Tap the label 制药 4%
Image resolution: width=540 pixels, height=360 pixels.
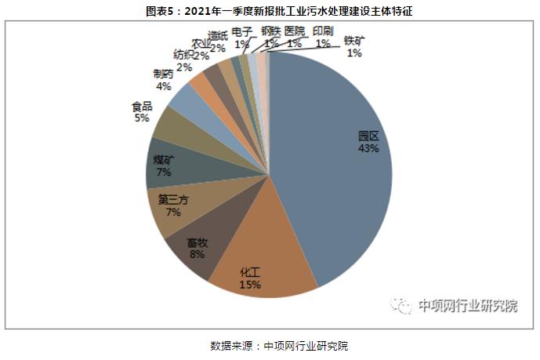click(x=164, y=80)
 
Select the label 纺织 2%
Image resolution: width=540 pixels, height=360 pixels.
click(x=184, y=61)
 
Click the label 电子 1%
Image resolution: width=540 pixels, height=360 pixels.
click(x=242, y=38)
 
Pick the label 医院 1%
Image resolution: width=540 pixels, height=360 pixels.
click(x=295, y=37)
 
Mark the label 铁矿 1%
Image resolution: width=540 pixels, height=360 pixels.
click(x=354, y=46)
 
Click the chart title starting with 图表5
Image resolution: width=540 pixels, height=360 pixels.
click(x=269, y=10)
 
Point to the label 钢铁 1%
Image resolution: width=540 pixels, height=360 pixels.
click(x=271, y=37)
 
